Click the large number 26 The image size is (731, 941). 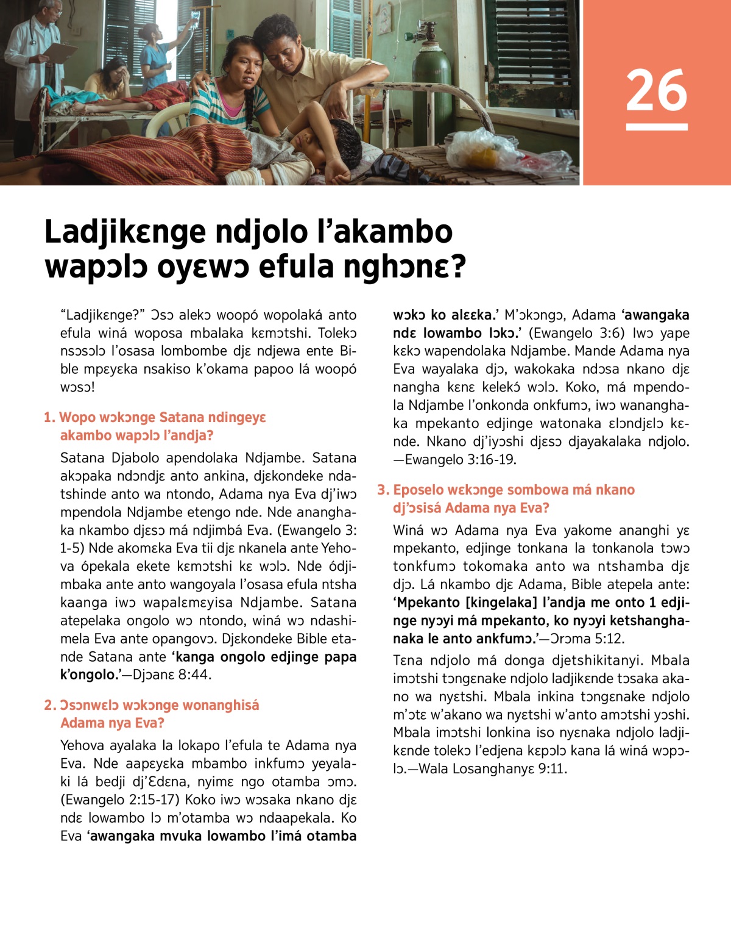click(656, 90)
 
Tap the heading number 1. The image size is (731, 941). click(49, 418)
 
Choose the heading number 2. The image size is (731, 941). click(50, 706)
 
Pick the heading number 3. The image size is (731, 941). click(383, 490)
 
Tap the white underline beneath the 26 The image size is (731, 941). click(656, 127)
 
